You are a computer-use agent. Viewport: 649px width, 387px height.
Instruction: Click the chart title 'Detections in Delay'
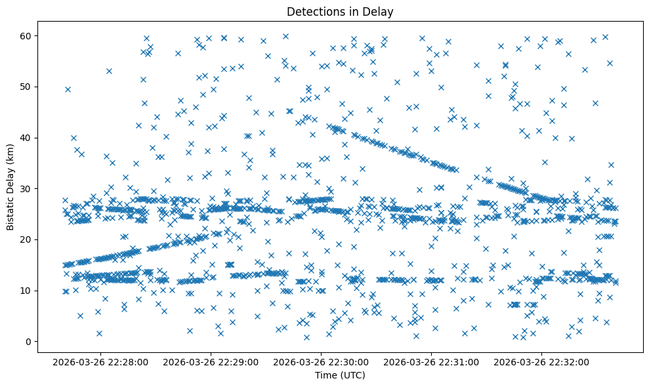[340, 11]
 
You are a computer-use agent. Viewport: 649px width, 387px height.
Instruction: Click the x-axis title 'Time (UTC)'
[340, 375]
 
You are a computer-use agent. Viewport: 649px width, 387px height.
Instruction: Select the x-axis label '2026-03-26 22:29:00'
[212, 361]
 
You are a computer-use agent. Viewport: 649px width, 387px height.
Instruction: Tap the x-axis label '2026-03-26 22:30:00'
[322, 361]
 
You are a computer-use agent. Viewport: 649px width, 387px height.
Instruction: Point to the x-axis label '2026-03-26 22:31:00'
[432, 361]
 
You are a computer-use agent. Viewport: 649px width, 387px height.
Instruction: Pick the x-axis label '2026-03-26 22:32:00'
[542, 361]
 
